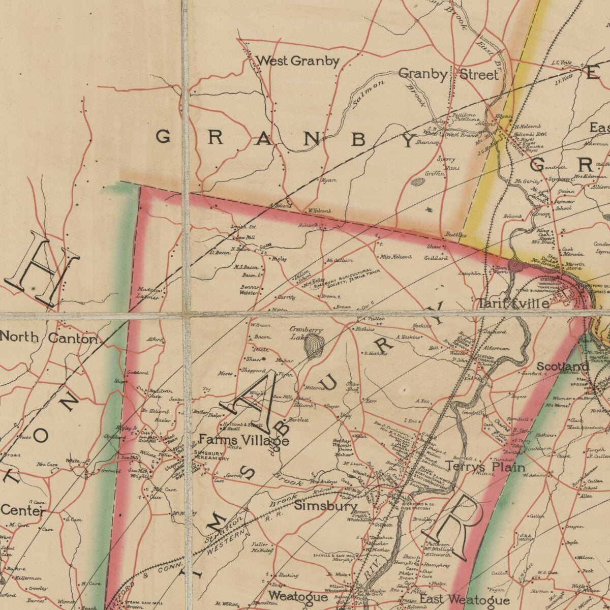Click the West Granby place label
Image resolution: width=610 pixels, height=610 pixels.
297,62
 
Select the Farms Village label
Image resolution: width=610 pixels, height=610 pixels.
243,440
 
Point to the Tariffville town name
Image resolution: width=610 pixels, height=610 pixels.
513,304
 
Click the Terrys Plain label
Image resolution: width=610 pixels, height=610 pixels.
485,466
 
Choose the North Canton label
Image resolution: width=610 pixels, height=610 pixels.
49,338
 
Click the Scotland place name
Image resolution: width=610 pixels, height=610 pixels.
563,367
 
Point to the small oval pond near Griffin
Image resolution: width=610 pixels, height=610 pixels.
418,181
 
